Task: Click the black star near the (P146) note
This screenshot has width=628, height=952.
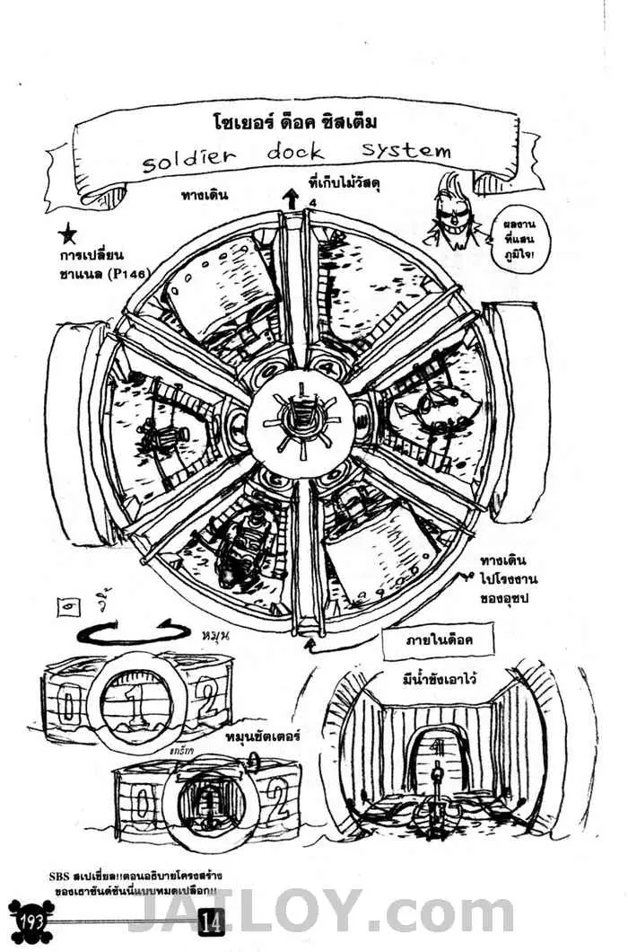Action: [x=66, y=235]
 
